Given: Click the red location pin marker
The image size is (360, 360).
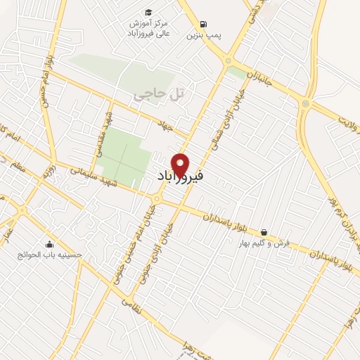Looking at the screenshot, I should pos(181,164).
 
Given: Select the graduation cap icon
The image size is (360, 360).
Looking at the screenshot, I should pos(148,12).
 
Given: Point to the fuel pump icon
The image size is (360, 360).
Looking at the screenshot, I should pos(204,23).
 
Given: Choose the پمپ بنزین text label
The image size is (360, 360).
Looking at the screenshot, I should pos(204,35).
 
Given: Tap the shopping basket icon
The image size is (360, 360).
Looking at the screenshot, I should pos(264,232).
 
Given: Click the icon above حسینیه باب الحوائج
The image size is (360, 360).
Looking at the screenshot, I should pos(49,244).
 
